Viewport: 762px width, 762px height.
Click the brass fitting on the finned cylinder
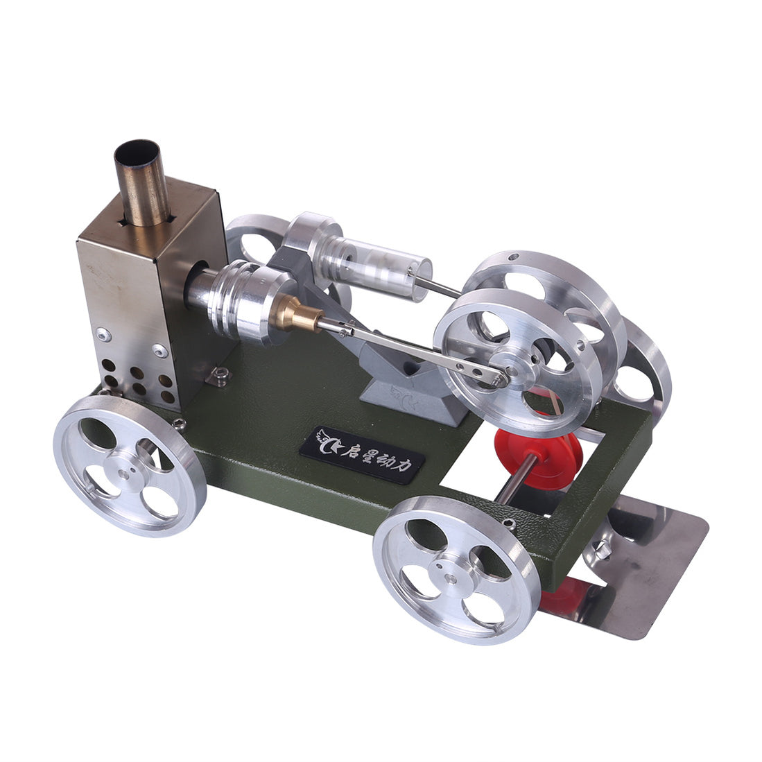point(300,316)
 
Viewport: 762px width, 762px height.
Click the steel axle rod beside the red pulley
point(513,479)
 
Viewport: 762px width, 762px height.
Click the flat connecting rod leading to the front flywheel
point(416,350)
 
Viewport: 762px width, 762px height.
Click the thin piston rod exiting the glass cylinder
point(441,285)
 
